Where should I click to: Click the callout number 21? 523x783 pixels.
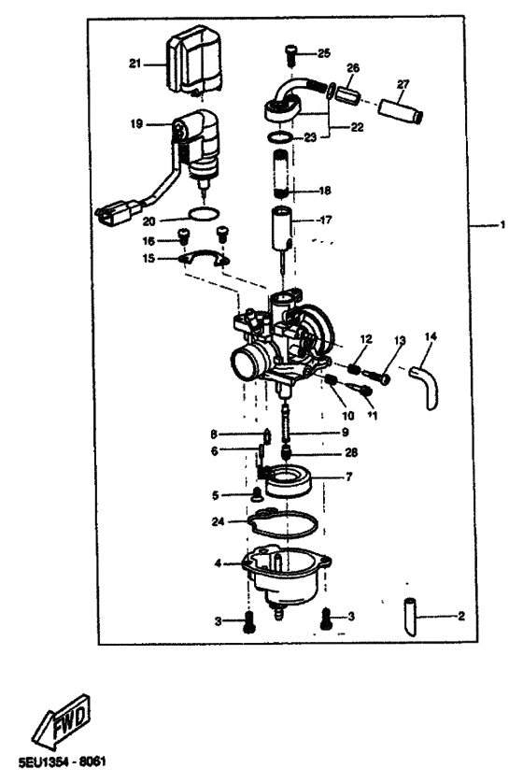tap(134, 64)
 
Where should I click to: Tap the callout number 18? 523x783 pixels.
tap(325, 191)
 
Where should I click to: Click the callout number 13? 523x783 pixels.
tap(400, 340)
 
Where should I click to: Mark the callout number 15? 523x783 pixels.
tap(148, 258)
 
